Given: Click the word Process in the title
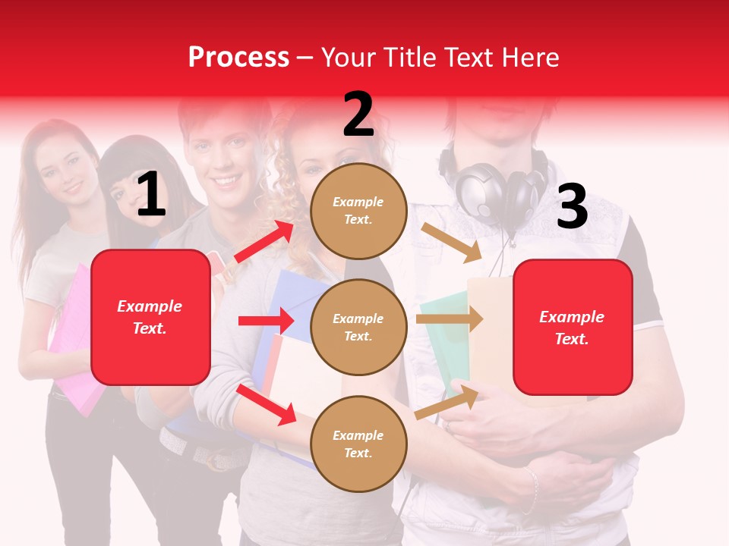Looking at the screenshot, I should [238, 58].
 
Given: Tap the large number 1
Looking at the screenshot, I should [151, 195].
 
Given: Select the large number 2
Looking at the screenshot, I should [358, 115].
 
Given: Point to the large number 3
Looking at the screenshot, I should [572, 207].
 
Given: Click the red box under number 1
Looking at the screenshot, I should [150, 317].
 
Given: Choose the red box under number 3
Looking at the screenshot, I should [573, 328].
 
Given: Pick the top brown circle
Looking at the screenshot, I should [358, 211].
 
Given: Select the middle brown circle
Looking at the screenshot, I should [358, 327].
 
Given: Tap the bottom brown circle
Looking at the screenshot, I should [358, 444].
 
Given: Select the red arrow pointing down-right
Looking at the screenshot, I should [266, 403].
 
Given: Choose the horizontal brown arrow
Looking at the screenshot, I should [449, 319].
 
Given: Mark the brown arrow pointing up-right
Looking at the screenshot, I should [447, 402].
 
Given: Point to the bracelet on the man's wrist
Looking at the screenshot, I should [531, 490].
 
